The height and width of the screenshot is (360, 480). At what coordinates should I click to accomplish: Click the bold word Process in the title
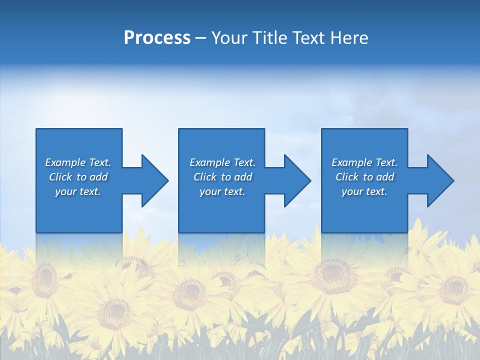click(x=157, y=38)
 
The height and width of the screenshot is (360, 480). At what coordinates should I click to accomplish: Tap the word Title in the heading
click(x=268, y=38)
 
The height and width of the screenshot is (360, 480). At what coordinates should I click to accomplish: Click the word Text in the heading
click(x=308, y=38)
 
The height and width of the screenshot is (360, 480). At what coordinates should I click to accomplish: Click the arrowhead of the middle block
click(x=297, y=180)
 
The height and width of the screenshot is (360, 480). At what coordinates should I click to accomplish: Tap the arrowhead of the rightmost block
click(x=440, y=180)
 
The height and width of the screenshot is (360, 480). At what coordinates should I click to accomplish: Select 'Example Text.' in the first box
click(x=78, y=162)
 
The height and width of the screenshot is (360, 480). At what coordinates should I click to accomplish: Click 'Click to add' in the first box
click(x=78, y=177)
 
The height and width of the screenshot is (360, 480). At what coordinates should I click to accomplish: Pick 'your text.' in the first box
click(x=78, y=191)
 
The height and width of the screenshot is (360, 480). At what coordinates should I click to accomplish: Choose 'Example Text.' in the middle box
click(x=222, y=162)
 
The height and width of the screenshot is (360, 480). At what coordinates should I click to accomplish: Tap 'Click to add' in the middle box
click(x=222, y=177)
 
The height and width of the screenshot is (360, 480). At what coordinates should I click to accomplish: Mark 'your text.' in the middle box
click(x=222, y=191)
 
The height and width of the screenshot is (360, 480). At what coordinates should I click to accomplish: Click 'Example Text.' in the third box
click(x=364, y=162)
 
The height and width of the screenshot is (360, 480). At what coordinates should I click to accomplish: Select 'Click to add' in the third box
click(x=364, y=177)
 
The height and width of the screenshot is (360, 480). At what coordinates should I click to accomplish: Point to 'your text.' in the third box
click(x=364, y=191)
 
